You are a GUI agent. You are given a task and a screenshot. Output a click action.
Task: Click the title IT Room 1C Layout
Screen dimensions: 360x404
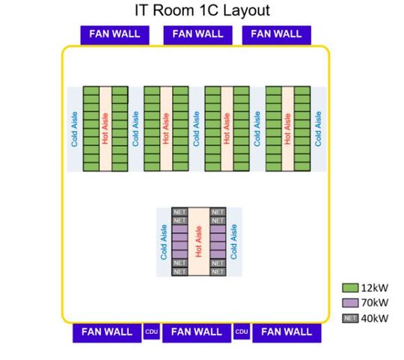tap(201, 10)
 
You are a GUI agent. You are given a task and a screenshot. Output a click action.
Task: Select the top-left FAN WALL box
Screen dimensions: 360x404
tap(114, 34)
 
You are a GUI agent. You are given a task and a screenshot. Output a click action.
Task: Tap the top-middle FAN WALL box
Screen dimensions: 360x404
tap(198, 34)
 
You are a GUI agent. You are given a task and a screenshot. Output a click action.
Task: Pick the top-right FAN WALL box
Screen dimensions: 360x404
tap(276, 34)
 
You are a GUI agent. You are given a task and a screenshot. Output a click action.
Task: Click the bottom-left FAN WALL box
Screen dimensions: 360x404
tap(106, 332)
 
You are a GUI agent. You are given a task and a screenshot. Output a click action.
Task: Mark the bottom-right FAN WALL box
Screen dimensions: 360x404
tap(286, 332)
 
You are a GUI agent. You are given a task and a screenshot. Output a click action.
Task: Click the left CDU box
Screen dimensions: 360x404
tap(151, 332)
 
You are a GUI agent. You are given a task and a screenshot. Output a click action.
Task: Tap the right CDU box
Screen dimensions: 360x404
tap(242, 332)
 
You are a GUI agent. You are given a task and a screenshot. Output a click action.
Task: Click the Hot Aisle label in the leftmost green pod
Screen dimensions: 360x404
tap(105, 128)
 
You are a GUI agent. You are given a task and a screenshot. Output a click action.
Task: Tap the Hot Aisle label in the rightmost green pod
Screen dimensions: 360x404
tap(288, 128)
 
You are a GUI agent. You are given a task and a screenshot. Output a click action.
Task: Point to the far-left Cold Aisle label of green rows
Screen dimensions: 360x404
tap(75, 128)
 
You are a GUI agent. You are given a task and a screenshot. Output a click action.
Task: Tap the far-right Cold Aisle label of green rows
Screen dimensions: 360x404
tap(318, 128)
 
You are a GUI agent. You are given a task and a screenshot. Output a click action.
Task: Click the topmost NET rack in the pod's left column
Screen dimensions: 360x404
tap(180, 213)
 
